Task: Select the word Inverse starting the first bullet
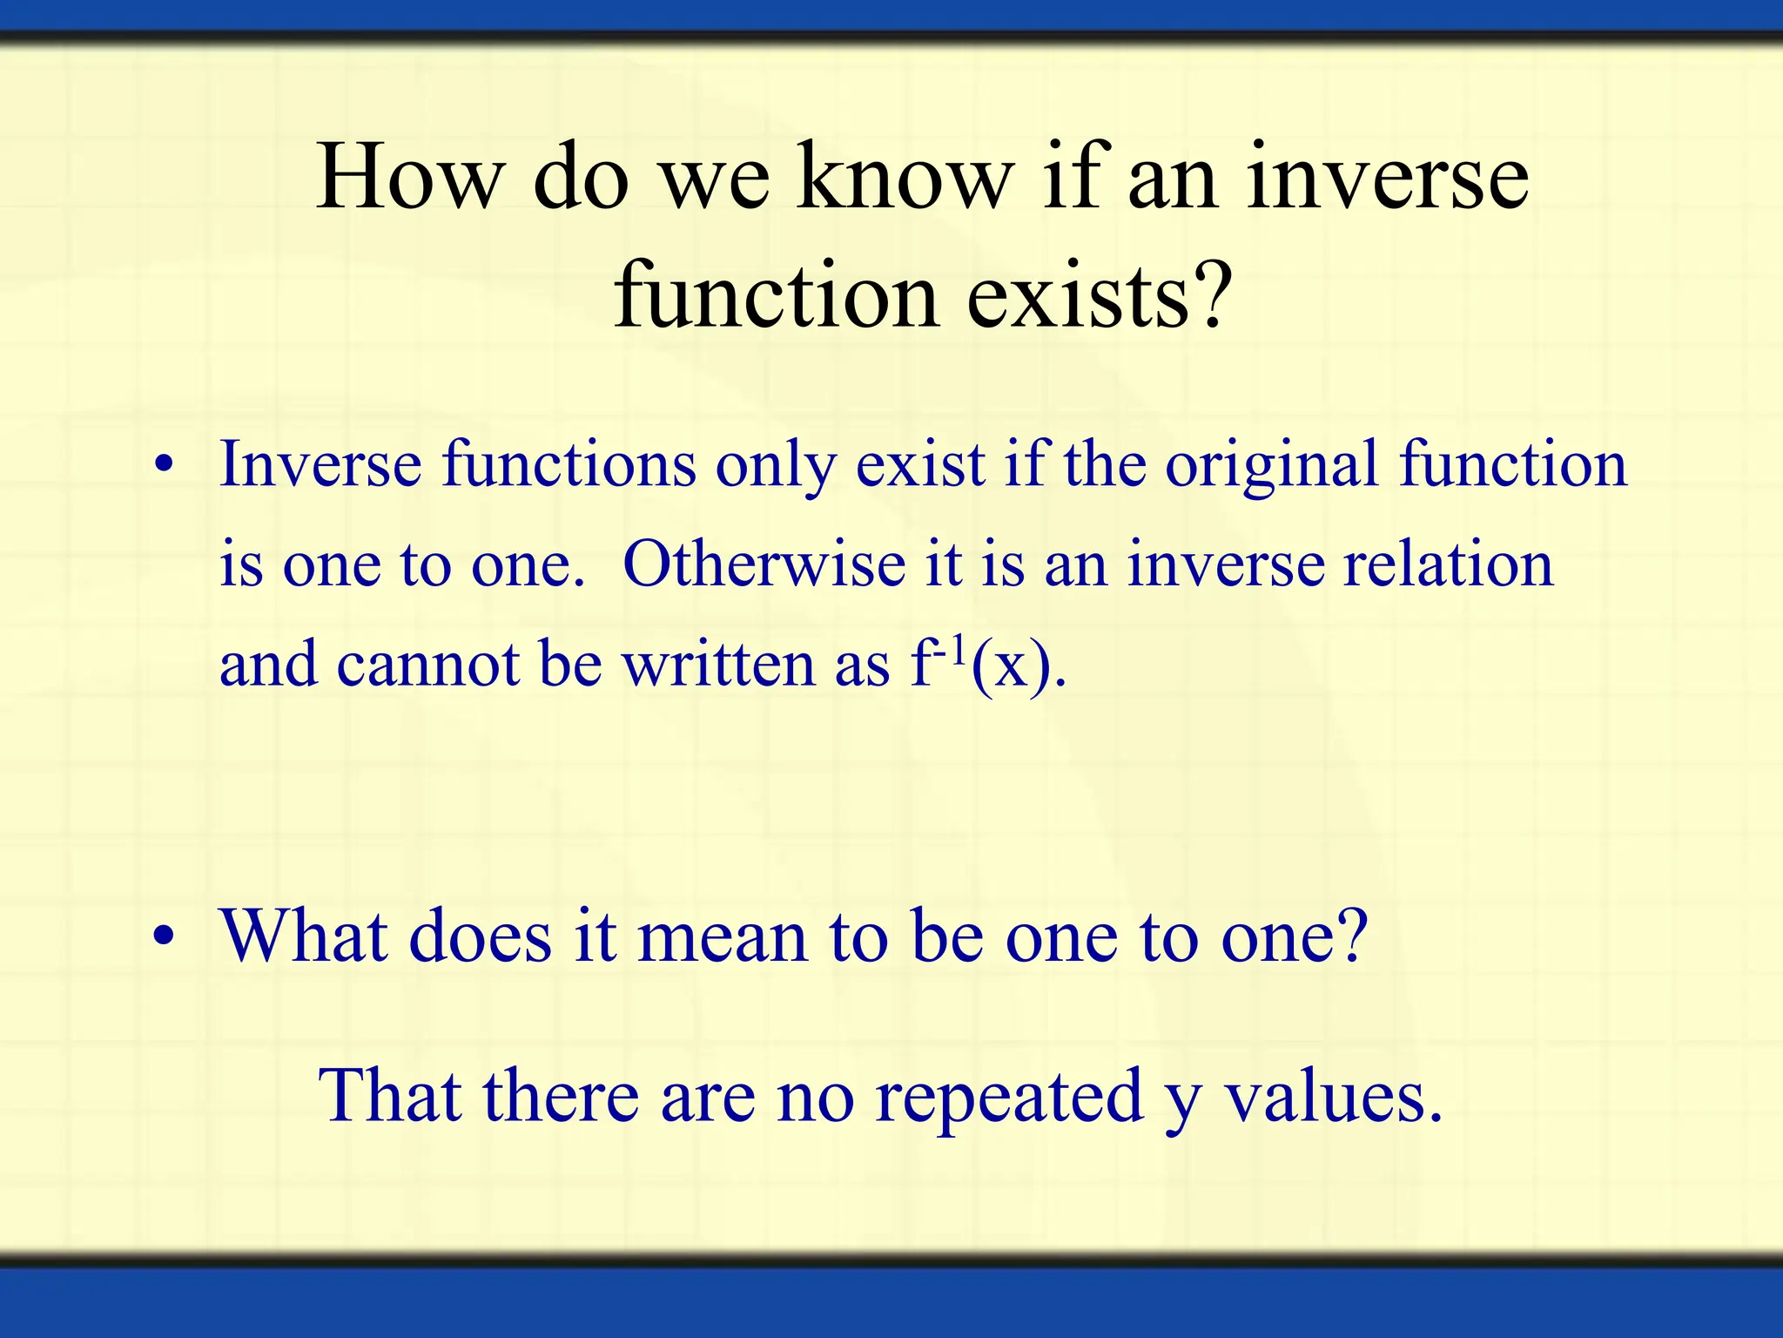[x=320, y=464]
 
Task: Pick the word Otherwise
[x=764, y=564]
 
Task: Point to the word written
[x=717, y=665]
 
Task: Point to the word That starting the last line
[x=389, y=1096]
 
